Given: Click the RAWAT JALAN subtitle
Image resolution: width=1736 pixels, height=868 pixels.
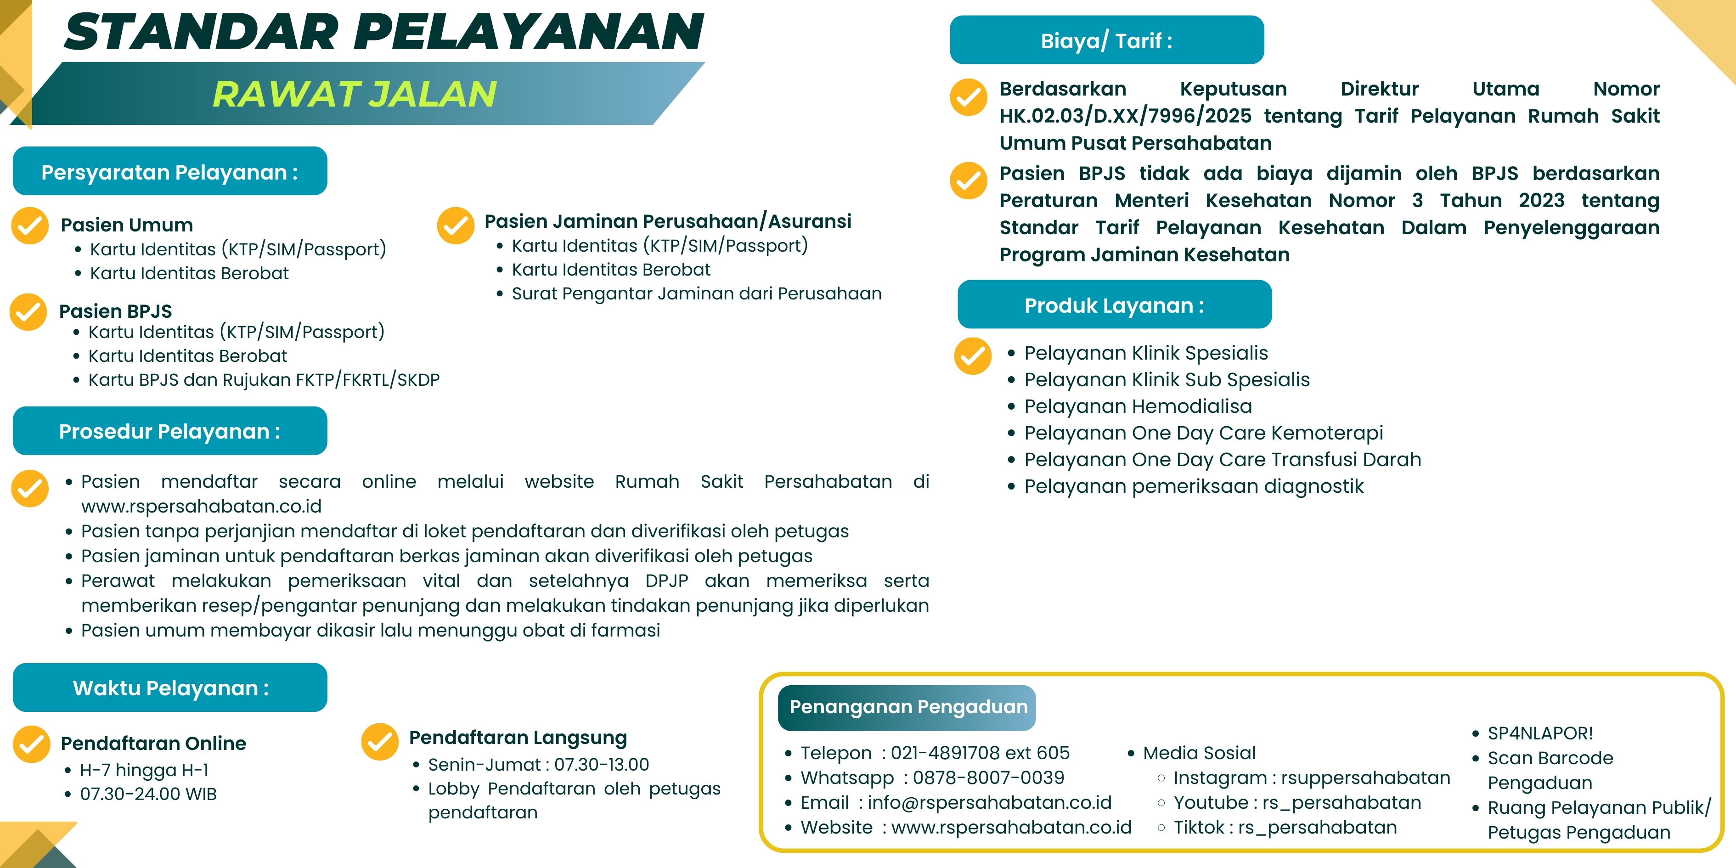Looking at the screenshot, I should click(x=355, y=94).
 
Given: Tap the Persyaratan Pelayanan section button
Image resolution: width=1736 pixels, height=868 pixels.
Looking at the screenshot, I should click(x=170, y=172).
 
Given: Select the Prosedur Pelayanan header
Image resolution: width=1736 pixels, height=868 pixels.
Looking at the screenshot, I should click(x=170, y=431).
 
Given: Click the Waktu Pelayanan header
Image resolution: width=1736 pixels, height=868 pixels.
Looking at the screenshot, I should click(x=170, y=688).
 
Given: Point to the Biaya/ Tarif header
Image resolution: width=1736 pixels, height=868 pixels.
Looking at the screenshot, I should click(x=1106, y=40).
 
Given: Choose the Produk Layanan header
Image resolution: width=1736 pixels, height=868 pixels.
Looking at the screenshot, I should click(x=1114, y=305).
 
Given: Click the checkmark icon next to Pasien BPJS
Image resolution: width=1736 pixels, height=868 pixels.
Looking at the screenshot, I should click(x=28, y=311).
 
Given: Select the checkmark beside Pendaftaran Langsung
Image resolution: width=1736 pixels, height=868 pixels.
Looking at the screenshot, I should click(x=379, y=741).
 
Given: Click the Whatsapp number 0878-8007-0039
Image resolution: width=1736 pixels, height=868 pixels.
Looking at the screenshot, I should click(x=989, y=778).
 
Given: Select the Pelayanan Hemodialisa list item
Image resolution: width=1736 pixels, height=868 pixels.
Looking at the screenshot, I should click(x=1138, y=406).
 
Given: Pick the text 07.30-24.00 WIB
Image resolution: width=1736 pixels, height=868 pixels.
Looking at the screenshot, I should click(x=148, y=794).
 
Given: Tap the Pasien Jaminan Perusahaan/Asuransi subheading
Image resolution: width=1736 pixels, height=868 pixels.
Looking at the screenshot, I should click(x=667, y=221).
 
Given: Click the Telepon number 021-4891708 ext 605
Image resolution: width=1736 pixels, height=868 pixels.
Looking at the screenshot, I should click(x=980, y=753).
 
